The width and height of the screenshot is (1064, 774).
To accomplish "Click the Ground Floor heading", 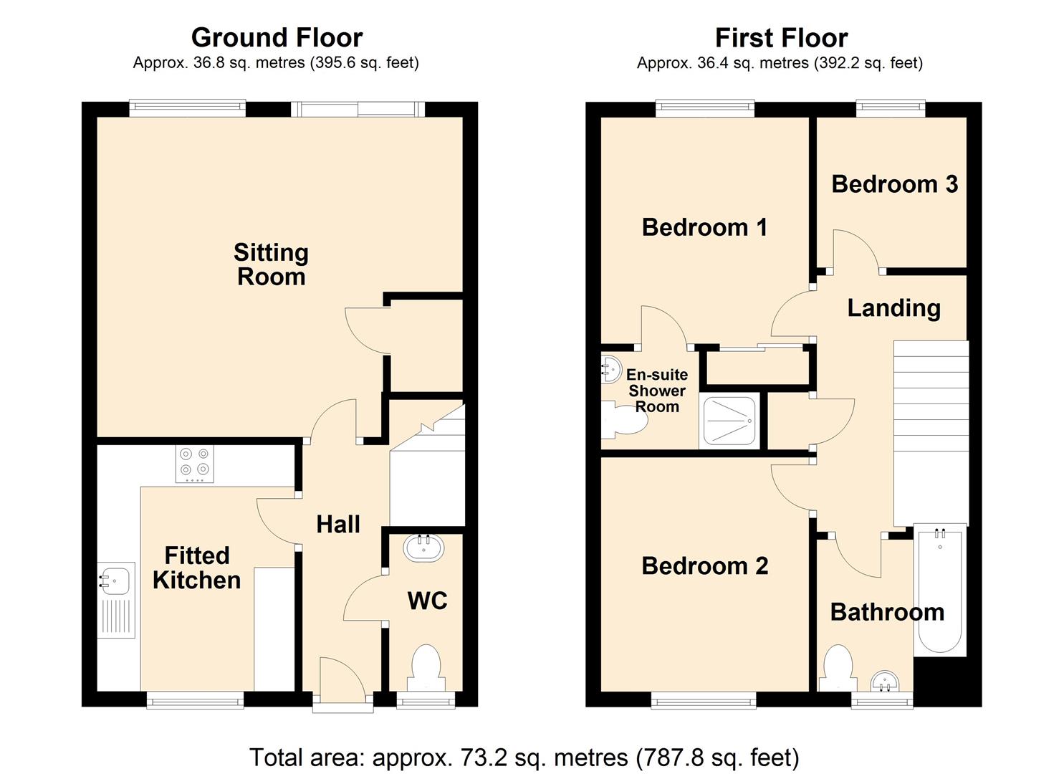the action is coord(277,37).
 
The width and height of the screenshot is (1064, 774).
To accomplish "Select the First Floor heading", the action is coord(782,38).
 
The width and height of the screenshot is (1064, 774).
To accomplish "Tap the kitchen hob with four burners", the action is coord(195,464).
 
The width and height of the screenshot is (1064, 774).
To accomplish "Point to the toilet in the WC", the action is coord(426,668).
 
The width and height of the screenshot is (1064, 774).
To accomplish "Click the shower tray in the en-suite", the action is coord(729,421).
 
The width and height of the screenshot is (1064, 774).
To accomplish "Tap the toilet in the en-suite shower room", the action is coord(623,419).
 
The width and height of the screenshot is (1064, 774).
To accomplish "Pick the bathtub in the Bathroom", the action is coord(940,591).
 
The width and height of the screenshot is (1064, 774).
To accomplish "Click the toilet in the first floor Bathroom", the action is coord(838,668).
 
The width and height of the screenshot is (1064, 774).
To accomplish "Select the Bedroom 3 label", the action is coord(895,184).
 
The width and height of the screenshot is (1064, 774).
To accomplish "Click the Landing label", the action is coord(894,309).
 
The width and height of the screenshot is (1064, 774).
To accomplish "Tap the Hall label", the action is coord(338,525).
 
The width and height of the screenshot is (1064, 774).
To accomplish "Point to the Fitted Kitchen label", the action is coord(196,568).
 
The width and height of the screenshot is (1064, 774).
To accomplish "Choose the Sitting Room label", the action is coord(272,264).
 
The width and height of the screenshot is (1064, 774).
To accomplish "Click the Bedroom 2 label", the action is coord(705,566).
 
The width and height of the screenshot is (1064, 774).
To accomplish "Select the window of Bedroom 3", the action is coord(891,108).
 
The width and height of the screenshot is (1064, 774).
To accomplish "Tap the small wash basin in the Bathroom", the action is coord(885,682).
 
